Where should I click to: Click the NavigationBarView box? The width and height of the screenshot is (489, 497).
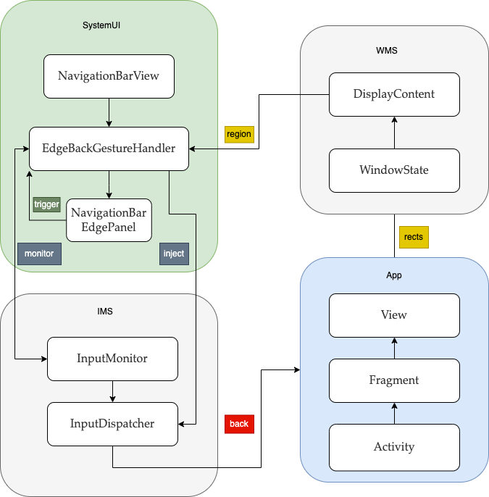click(109, 76)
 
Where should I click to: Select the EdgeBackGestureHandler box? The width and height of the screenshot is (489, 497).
click(109, 149)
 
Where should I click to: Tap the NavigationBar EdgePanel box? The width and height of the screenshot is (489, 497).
click(109, 220)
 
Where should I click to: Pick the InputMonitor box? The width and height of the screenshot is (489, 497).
click(112, 359)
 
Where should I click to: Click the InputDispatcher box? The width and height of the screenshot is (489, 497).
click(112, 424)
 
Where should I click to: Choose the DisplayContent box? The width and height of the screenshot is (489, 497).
click(394, 94)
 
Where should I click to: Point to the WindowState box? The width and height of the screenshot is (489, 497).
click(394, 170)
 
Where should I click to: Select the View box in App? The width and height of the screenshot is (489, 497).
click(394, 315)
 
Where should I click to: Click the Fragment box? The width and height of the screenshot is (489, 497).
click(394, 380)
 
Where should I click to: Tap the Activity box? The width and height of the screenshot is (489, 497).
click(394, 448)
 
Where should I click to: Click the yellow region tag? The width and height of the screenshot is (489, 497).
click(239, 135)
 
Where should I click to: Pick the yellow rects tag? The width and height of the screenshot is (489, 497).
click(414, 237)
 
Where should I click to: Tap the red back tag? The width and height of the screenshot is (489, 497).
click(239, 424)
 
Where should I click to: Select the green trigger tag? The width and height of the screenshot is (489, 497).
click(46, 204)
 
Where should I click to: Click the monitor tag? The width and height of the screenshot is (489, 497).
click(39, 254)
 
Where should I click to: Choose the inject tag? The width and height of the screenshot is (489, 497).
click(174, 254)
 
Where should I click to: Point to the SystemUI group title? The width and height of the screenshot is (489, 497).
click(101, 25)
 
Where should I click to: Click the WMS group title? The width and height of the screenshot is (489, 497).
click(387, 51)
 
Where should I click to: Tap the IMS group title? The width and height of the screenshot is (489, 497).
click(105, 312)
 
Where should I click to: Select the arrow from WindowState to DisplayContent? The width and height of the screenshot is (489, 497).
click(394, 133)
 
